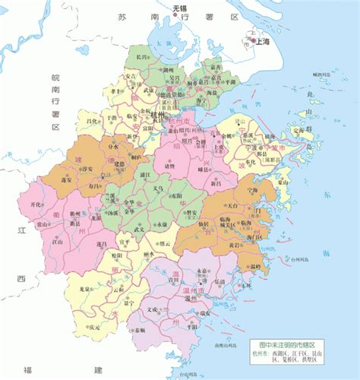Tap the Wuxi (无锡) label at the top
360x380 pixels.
(179, 8)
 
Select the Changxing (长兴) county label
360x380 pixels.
(139, 57)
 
